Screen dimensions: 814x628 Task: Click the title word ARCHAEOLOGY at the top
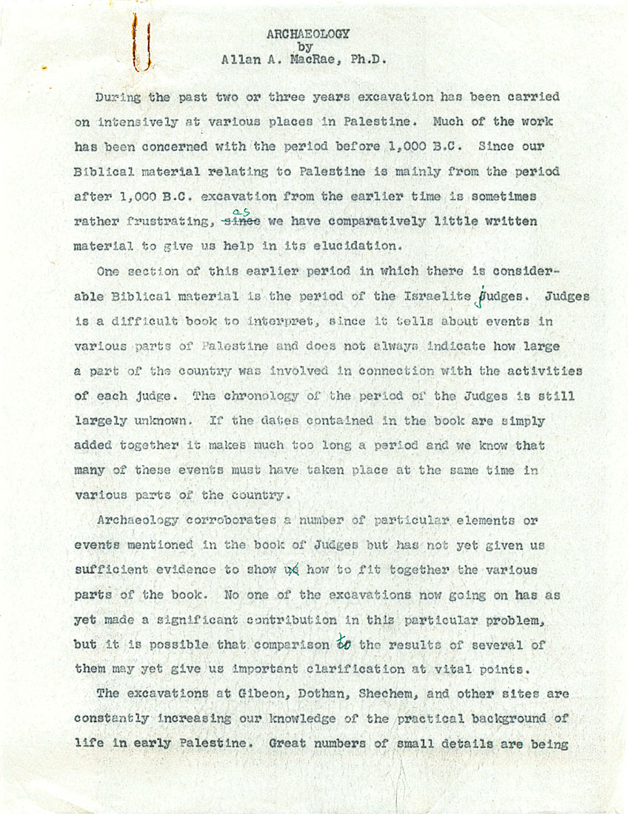click(308, 34)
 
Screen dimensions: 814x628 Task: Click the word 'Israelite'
click(437, 297)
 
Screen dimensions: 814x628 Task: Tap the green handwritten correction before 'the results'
click(343, 643)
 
